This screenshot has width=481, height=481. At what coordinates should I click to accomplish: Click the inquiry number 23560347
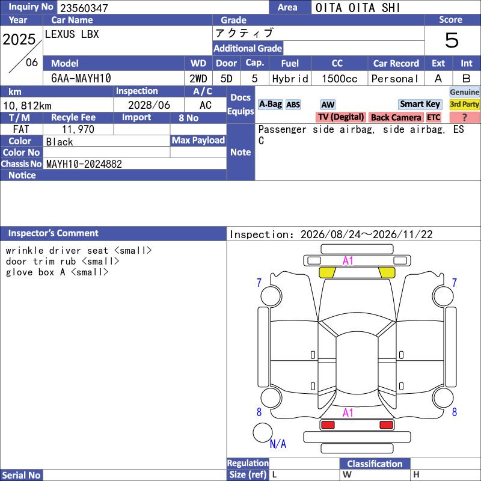(84, 8)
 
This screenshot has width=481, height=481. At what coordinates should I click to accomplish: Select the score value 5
(452, 40)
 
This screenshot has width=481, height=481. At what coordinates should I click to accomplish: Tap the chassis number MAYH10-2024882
(84, 164)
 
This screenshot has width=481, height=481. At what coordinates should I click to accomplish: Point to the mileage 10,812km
(27, 106)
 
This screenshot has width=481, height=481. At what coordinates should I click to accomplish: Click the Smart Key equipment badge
(420, 104)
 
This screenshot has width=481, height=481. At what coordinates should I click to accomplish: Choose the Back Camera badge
(396, 117)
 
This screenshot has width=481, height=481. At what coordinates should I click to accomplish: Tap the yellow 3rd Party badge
(464, 104)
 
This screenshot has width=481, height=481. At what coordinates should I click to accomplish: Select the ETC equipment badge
(434, 117)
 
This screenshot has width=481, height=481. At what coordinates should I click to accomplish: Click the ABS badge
(293, 105)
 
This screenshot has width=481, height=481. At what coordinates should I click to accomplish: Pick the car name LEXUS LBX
(72, 34)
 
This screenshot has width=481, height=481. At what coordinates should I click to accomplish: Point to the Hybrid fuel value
(290, 79)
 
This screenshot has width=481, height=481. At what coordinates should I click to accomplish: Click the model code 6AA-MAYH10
(81, 79)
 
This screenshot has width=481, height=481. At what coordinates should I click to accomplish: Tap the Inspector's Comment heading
(54, 233)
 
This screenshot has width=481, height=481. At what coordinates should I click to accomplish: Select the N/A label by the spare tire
(278, 444)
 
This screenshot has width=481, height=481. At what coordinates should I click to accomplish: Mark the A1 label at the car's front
(348, 261)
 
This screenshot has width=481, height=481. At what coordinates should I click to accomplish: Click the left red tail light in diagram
(328, 425)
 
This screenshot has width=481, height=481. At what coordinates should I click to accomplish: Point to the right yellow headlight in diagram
(387, 272)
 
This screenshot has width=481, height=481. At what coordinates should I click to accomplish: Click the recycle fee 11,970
(78, 129)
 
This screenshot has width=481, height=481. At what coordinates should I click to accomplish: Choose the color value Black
(60, 142)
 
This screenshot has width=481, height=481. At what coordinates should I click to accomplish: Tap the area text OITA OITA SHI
(358, 8)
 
